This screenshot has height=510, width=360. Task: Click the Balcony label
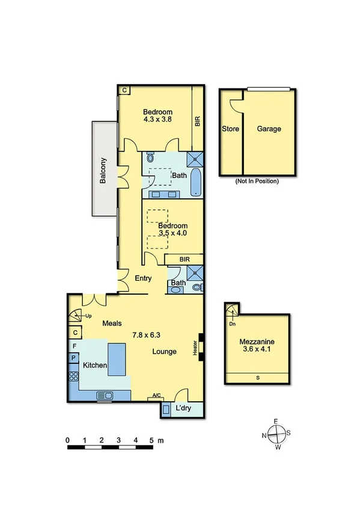[x=104, y=170]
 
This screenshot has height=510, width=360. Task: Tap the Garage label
[x=269, y=129]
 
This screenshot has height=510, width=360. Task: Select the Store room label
[x=231, y=129]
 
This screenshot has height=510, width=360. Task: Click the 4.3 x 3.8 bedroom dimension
[x=158, y=120]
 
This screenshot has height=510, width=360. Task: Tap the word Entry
[x=143, y=278]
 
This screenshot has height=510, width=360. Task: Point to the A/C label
[x=157, y=396]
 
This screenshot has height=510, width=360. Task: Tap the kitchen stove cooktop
[x=73, y=376]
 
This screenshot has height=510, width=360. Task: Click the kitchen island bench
[x=118, y=359]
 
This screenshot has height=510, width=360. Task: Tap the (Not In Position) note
[x=257, y=180]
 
